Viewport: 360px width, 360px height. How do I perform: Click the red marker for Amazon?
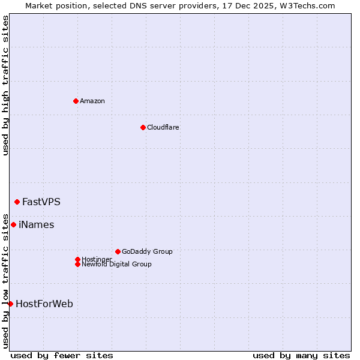point(76,101)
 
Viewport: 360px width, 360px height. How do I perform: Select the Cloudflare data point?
point(143,127)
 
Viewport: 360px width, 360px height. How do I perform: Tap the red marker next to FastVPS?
point(17,202)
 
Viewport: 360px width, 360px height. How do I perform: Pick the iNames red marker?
point(13,224)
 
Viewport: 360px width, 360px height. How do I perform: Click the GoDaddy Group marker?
point(118,251)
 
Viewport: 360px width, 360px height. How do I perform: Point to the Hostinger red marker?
point(77,259)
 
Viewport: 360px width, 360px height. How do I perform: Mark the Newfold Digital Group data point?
point(77,264)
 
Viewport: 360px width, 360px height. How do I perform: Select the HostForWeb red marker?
point(10,304)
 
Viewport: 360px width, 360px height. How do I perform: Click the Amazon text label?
point(92,101)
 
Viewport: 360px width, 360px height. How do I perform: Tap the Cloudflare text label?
point(163,127)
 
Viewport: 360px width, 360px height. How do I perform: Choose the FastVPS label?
point(41,202)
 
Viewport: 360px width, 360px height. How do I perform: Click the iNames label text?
point(37,224)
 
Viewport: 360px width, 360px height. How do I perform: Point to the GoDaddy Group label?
point(147,251)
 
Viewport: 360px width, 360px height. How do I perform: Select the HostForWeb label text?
point(44,304)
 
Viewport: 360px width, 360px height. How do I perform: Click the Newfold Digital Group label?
point(117,264)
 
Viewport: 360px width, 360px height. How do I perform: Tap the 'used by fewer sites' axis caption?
point(62,355)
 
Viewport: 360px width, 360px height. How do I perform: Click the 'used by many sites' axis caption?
point(301,355)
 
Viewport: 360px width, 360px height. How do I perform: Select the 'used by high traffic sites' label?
point(6,85)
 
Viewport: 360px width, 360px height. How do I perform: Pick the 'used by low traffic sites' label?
point(6,280)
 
